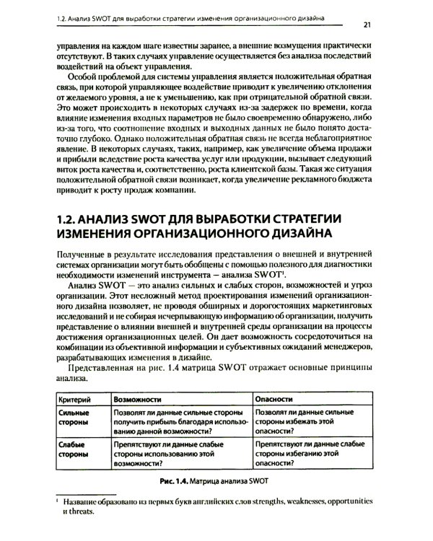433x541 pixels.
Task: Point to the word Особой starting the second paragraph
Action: pos(84,78)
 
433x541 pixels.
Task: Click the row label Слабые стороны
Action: pos(72,452)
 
